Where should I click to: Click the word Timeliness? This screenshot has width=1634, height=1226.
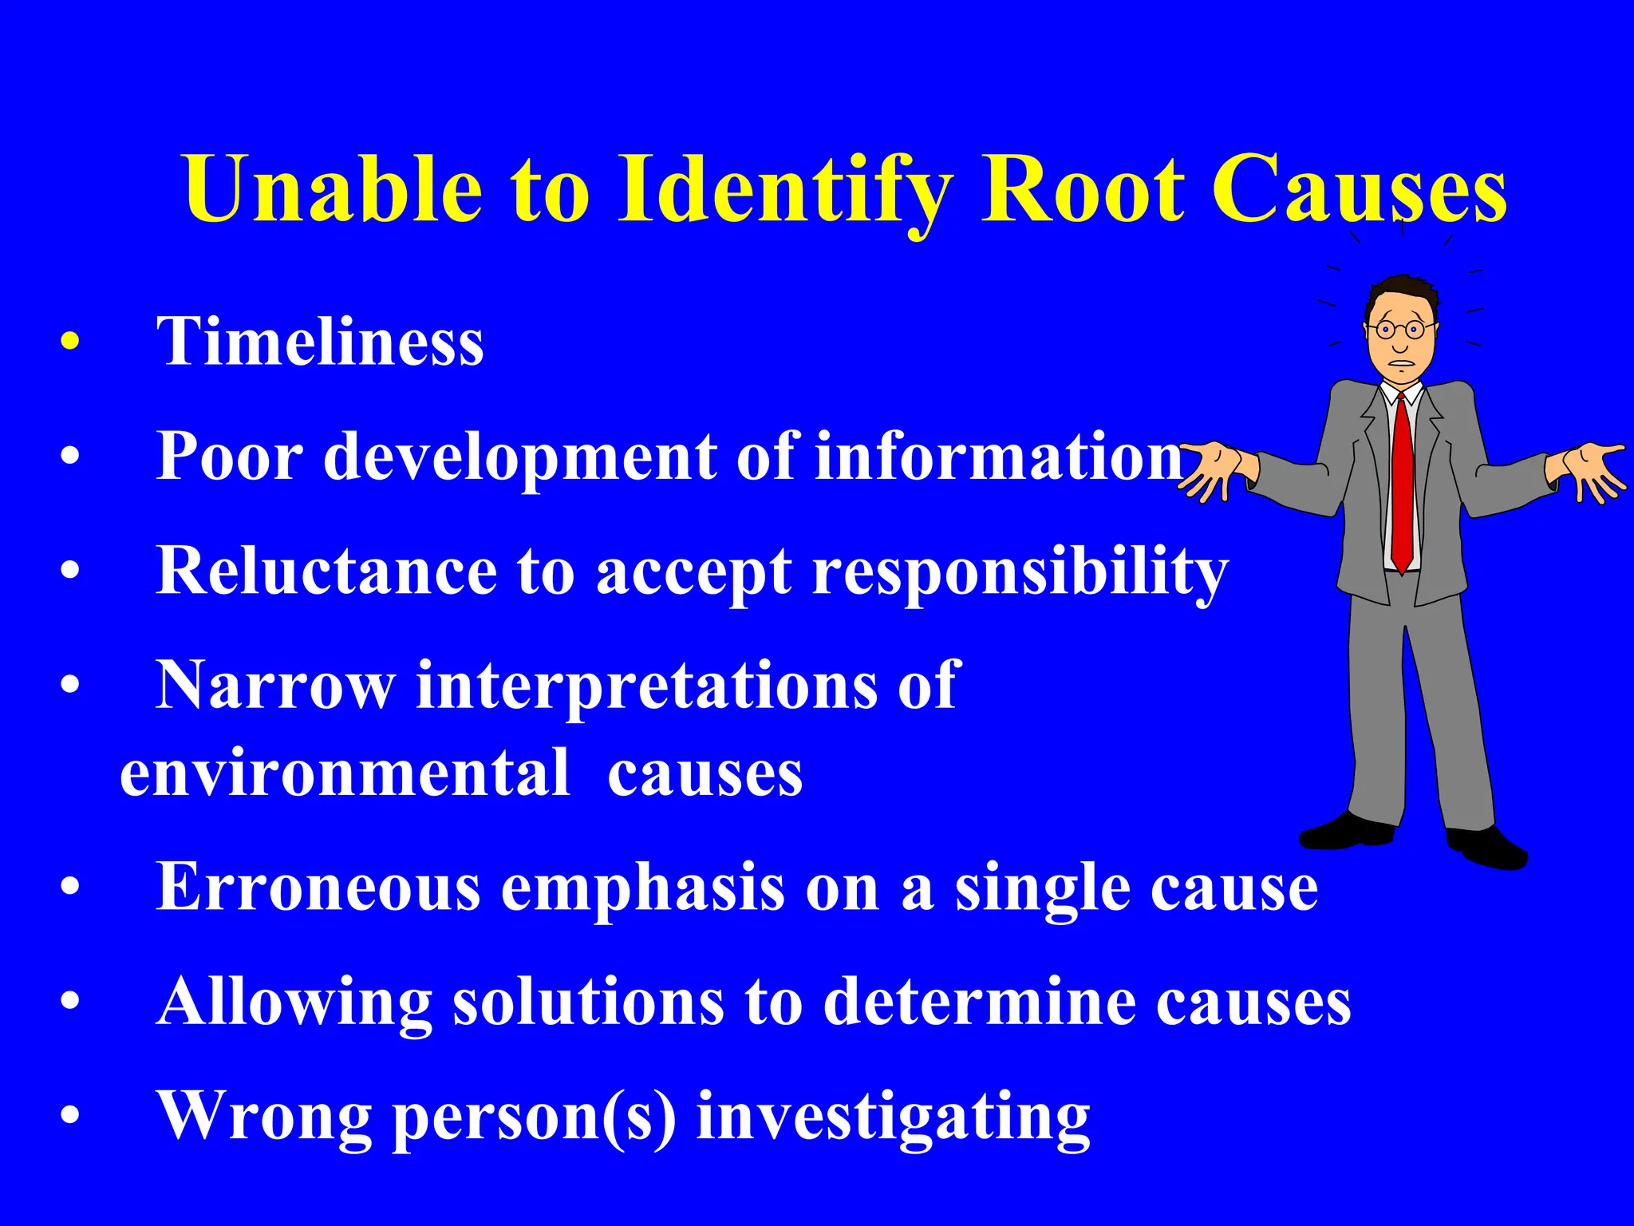(320, 342)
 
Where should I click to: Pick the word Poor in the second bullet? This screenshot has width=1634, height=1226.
(230, 457)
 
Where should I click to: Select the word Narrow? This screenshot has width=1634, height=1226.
(275, 686)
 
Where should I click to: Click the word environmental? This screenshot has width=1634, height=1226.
(345, 774)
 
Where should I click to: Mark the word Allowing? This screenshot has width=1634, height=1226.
(294, 1003)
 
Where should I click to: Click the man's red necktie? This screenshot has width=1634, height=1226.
(1402, 487)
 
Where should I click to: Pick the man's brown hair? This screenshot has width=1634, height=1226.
(1403, 289)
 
